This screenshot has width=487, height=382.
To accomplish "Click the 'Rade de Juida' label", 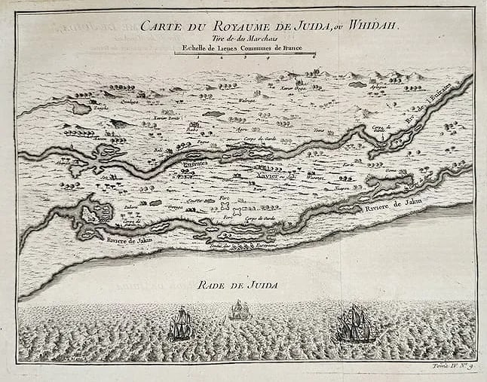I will [x=237, y=284].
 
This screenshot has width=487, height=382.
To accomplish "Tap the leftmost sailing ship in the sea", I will [x=181, y=324].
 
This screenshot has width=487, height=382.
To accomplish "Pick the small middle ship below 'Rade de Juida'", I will [x=239, y=310].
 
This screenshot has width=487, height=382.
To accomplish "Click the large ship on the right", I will [x=354, y=323].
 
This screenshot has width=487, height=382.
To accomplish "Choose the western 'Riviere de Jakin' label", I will [x=127, y=241].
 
